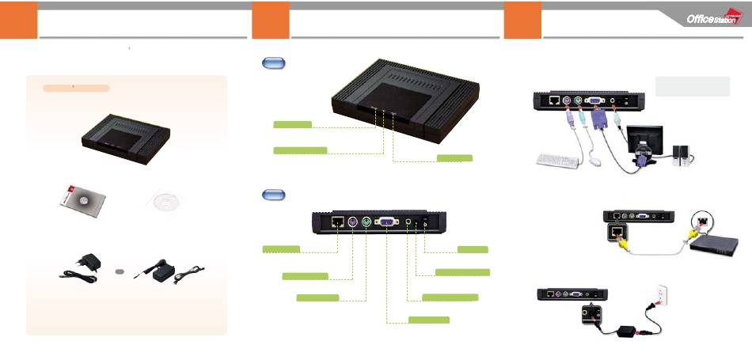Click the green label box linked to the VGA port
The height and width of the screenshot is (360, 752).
click(428, 319)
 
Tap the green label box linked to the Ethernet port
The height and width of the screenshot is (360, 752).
click(281, 249)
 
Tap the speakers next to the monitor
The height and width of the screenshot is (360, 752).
click(680, 155)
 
